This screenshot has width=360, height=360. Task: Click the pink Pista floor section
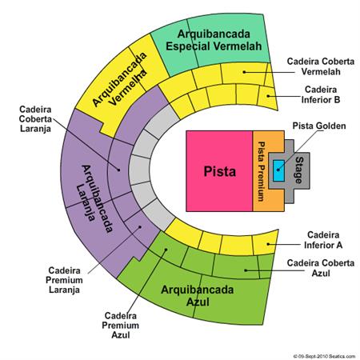point(219,171)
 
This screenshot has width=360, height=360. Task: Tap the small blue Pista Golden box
point(278,171)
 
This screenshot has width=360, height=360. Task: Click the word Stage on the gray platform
point(299,170)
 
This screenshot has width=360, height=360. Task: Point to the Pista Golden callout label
point(319,126)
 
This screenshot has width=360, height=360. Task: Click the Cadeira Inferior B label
point(321,94)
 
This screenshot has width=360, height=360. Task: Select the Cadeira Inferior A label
point(323,240)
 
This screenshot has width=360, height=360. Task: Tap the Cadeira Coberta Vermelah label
point(321,66)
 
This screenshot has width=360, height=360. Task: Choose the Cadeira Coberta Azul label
point(321,268)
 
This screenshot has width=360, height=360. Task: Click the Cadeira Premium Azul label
point(121,326)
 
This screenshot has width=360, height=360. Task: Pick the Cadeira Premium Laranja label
point(64,280)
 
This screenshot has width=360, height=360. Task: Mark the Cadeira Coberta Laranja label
point(35,119)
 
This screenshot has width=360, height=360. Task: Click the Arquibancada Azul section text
point(198,296)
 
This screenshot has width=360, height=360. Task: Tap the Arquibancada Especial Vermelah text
point(214,40)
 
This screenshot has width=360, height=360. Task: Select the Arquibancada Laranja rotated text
point(94,198)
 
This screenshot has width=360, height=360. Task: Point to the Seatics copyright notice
point(324,356)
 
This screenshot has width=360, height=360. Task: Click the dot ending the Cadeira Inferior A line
point(268,244)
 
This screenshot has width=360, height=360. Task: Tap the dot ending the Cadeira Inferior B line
point(268,96)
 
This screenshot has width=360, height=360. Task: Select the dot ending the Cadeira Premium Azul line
point(166,250)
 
